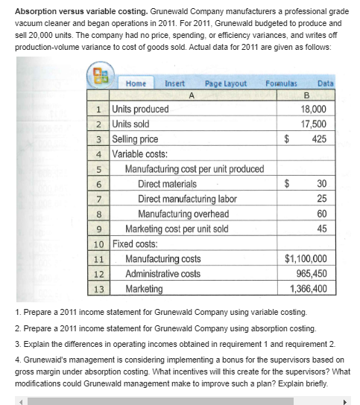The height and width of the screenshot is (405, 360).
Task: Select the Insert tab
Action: point(177,84)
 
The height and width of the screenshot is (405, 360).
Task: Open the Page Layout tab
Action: point(225,84)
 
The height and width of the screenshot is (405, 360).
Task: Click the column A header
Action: point(192,95)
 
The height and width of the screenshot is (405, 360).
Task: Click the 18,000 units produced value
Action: point(313,109)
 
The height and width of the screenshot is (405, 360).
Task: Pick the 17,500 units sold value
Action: point(313,124)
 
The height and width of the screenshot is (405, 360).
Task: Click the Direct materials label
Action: point(168,184)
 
